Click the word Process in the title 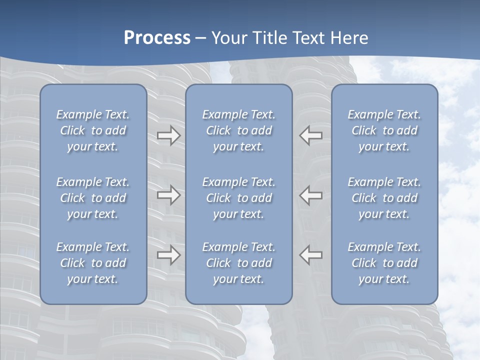tap(157, 38)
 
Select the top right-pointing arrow tap(168, 135)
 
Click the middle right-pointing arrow tap(168, 195)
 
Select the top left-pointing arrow tap(311, 135)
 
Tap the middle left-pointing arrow tap(311, 195)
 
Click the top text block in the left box tap(93, 130)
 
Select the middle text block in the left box tap(93, 198)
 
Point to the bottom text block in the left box tap(93, 263)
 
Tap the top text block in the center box tap(239, 130)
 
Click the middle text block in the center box tap(239, 198)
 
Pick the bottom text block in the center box tap(239, 263)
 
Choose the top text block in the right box tap(384, 130)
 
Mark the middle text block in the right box tap(384, 198)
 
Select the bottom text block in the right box tap(384, 263)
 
